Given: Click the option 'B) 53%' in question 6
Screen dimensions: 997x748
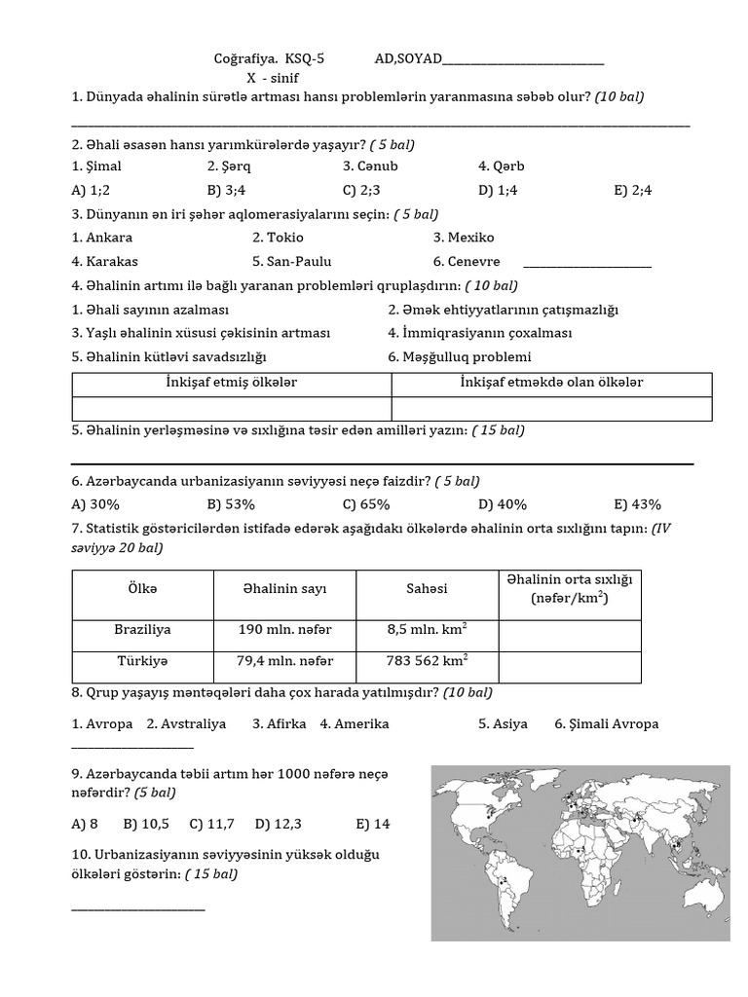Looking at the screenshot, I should pos(231,504).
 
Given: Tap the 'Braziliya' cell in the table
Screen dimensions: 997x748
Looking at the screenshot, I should pos(142,631).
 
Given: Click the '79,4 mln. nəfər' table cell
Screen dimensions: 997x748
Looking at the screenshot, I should pos(285,662).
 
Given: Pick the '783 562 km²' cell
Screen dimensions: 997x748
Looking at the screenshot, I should pos(427,662).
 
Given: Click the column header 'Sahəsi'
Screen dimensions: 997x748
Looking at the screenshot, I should pos(427,589).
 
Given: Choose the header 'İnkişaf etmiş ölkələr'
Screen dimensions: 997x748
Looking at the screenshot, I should pos(232,383).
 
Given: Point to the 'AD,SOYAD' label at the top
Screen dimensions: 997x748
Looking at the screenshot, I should pos(407,59).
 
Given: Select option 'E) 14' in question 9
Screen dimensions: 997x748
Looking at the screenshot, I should pos(373,824).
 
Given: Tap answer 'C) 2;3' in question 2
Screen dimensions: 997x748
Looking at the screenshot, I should pos(361,190).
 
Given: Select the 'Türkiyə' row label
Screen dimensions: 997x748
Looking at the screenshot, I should pos(142,662).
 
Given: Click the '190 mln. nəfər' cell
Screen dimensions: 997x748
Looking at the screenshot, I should pos(285,631).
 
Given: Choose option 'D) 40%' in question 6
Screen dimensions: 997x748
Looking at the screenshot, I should pos(503,504).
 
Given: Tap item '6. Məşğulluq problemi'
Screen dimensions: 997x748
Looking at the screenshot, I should pos(460,357).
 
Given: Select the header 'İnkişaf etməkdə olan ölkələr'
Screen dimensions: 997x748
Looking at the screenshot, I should pos(551,383).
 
